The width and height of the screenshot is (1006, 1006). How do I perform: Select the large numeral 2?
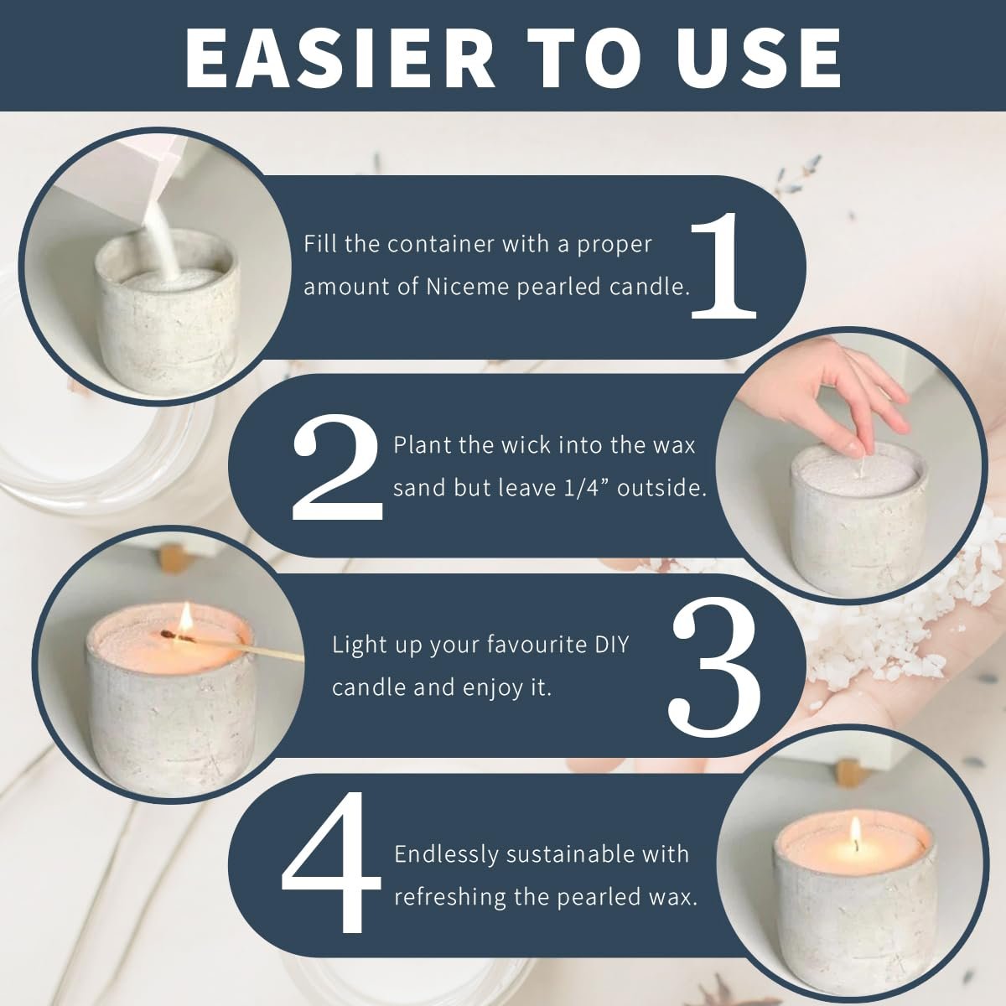click(x=337, y=467)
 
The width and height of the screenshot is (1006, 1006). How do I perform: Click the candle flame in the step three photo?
click(x=185, y=618)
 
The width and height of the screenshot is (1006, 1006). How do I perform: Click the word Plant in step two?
click(x=422, y=445)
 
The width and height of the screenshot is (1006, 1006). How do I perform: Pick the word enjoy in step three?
click(x=492, y=688)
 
